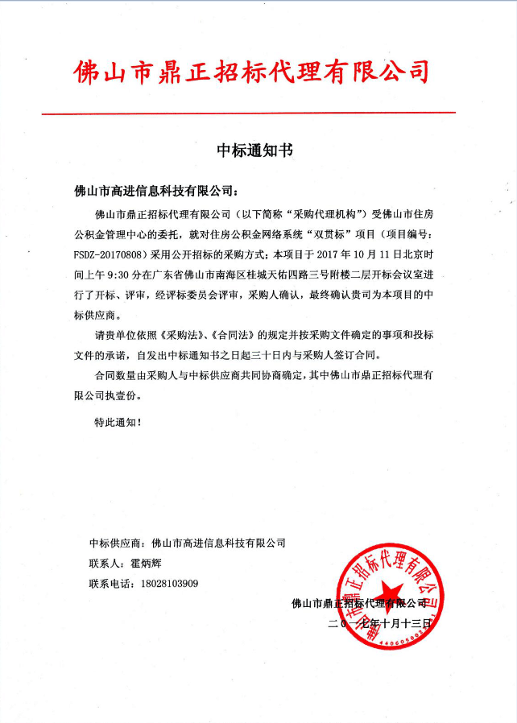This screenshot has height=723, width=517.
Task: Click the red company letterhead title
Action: click(250, 73)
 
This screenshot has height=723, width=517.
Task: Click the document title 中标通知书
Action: click(255, 150)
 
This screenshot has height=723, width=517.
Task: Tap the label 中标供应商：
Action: click(117, 543)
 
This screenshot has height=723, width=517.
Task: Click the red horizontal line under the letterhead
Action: click(249, 113)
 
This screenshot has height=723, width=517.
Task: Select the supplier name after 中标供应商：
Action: click(218, 543)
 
